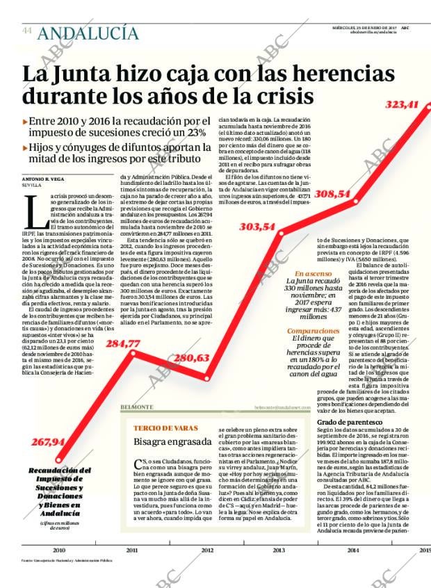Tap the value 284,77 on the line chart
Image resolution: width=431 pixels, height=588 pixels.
(x=123, y=343)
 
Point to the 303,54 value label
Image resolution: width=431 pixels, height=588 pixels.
(x=257, y=227)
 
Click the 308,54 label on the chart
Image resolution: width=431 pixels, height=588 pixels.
(x=332, y=194)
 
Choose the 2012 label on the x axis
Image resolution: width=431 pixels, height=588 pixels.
(x=207, y=550)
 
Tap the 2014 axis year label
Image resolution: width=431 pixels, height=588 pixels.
(x=352, y=550)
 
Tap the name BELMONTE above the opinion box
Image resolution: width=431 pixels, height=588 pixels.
(x=137, y=407)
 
